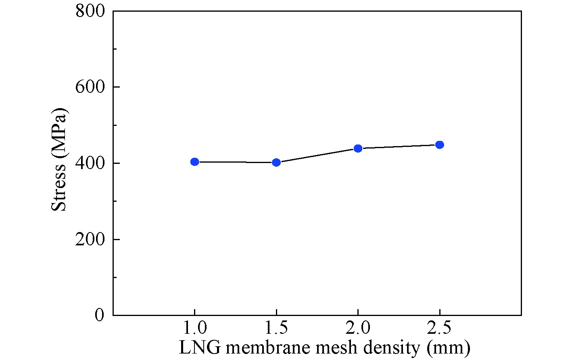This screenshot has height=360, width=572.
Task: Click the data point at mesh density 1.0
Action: (x=194, y=162)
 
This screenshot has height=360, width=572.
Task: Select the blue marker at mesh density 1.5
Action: (x=276, y=162)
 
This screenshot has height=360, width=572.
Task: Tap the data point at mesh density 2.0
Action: (x=358, y=149)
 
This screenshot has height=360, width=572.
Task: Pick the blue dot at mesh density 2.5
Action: (x=440, y=145)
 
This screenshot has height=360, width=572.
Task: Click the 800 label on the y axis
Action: (x=90, y=11)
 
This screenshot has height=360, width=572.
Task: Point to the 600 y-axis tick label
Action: (x=90, y=87)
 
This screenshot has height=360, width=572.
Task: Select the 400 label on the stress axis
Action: (x=90, y=163)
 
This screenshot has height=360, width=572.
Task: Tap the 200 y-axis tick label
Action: (x=90, y=239)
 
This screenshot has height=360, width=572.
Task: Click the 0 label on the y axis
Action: (x=99, y=315)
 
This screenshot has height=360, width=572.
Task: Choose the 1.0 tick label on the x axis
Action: (x=194, y=329)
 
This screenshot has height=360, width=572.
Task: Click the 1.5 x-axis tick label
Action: (x=276, y=329)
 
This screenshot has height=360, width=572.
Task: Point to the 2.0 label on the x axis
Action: (x=358, y=329)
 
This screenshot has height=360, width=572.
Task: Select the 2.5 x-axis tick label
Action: (x=440, y=329)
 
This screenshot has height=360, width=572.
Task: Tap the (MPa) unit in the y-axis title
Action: (x=59, y=134)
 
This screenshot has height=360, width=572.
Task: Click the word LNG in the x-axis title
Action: (x=199, y=347)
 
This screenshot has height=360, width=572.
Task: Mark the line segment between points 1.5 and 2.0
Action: (x=317, y=155)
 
